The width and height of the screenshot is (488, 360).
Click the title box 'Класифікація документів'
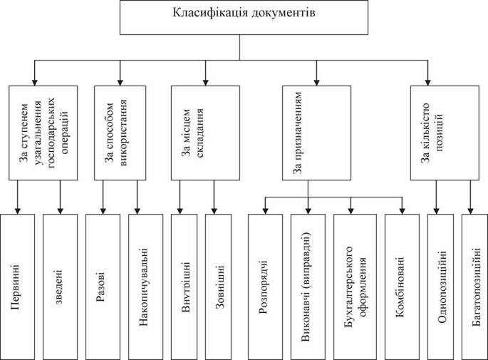click(244, 17)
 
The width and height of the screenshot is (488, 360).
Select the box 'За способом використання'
click(120, 133)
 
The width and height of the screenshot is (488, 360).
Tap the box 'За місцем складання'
click(205, 133)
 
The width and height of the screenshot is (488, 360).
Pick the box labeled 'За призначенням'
click(316, 133)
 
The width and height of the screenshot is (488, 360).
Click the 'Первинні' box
click(17, 287)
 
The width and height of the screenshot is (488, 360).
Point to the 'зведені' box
click(60, 287)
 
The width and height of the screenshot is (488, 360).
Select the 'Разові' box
click(103, 287)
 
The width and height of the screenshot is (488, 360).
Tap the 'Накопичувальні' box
click(145, 287)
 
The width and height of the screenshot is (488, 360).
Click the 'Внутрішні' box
click(185, 287)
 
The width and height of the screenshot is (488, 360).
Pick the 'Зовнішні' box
click(219, 287)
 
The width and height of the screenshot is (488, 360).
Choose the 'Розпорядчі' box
click(266, 287)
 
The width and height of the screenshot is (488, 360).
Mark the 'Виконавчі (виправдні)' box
click(308, 287)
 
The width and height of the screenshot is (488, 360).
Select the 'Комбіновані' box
click(402, 287)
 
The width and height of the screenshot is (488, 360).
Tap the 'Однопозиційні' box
click(441, 287)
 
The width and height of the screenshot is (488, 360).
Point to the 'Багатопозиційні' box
click(475, 287)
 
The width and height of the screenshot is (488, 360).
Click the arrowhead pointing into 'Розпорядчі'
click(265, 211)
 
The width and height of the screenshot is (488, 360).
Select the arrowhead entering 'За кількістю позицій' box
click(428, 82)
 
